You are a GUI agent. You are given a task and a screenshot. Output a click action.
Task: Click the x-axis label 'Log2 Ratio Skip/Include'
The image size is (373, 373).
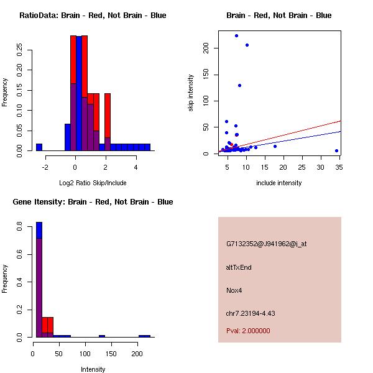click(93, 183)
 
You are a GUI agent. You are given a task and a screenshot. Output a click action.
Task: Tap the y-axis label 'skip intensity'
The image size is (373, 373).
click(191, 93)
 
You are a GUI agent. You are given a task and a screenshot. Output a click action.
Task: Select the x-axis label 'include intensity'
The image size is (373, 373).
click(279, 183)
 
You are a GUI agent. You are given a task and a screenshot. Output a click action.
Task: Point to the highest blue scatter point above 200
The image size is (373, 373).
click(236, 35)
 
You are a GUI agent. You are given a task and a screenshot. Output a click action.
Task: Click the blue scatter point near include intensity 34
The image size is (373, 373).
click(336, 150)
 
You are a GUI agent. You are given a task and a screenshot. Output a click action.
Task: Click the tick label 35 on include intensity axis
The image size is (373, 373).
click(339, 167)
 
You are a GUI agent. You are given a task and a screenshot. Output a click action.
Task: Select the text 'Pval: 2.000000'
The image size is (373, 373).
click(248, 331)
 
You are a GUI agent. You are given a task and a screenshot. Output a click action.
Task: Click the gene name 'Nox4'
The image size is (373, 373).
click(234, 290)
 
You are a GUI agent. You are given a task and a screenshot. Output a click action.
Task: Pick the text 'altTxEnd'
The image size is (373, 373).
click(239, 267)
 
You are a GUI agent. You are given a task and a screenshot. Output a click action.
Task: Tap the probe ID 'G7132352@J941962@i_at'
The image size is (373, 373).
click(266, 244)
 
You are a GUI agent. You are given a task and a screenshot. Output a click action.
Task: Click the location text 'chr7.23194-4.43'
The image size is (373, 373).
click(251, 313)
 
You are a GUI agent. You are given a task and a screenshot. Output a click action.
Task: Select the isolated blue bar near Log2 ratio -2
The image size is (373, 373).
click(39, 147)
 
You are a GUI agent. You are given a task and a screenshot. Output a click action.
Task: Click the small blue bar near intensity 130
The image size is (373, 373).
click(102, 336)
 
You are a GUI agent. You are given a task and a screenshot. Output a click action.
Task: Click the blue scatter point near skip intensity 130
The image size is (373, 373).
click(239, 85)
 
